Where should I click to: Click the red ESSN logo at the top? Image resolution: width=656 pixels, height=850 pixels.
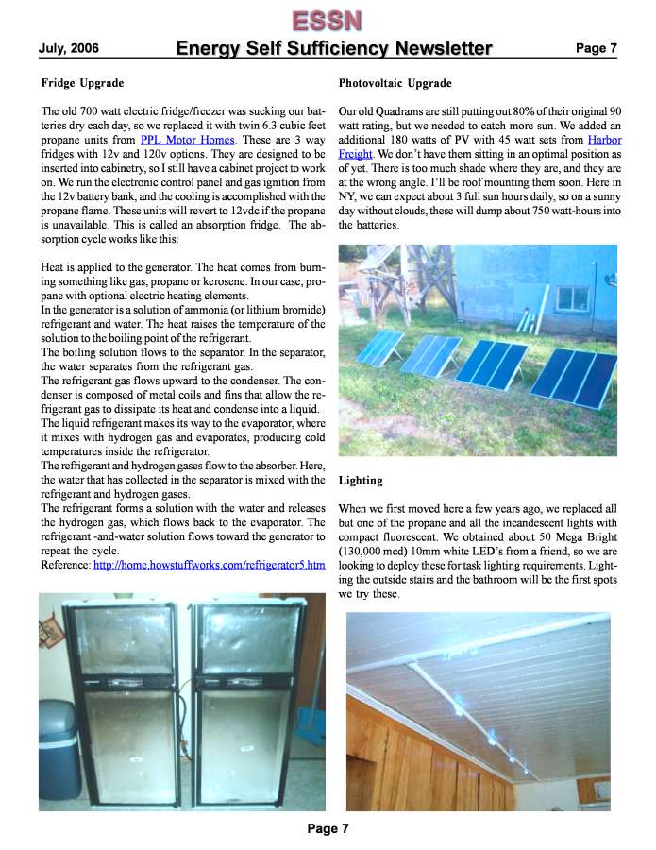coord(327,19)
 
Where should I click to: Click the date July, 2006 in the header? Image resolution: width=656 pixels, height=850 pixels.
coord(68,48)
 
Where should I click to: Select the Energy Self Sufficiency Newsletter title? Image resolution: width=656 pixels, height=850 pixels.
coord(334,48)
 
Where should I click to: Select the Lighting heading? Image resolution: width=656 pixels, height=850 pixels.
coord(360,481)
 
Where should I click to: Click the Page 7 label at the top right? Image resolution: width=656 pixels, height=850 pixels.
coord(596,48)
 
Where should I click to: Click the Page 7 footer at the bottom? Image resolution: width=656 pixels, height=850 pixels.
coord(328,829)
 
